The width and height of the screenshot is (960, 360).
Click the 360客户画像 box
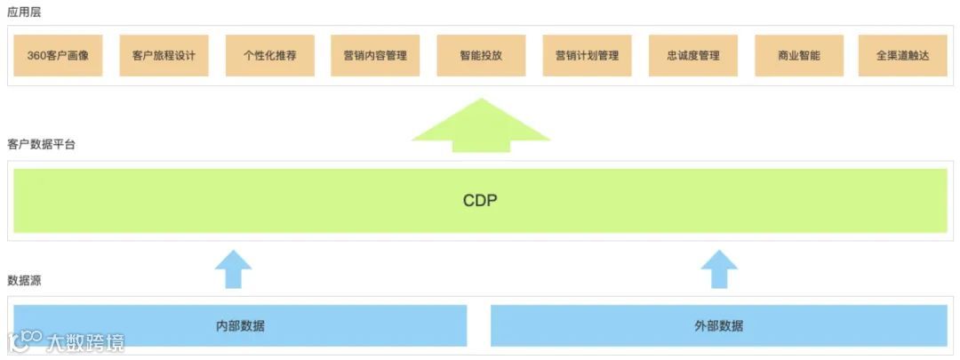pos(58,55)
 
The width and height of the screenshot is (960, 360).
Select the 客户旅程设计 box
pos(164,55)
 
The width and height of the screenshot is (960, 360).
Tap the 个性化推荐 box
pos(269,55)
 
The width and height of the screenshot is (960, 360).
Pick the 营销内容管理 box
pos(375,55)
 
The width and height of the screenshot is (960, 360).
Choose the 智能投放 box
pos(481,55)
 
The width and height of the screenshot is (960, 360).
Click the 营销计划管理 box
pos(587,55)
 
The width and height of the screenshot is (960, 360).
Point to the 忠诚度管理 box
pos(693,55)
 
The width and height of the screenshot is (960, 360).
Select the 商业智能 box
pos(799,55)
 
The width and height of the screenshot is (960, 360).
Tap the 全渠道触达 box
pos(904,55)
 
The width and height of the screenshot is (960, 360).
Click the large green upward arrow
pos(481,125)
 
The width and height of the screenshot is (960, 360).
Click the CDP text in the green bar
pos(480,200)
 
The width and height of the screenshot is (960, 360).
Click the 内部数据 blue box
pos(240,325)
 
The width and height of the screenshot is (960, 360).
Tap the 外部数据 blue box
pos(719,325)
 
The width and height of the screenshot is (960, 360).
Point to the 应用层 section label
pos(24,13)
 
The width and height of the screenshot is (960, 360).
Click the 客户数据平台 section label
pos(41,144)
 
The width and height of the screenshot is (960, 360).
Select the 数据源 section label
pos(24,280)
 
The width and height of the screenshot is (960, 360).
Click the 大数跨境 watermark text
pos(85,342)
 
